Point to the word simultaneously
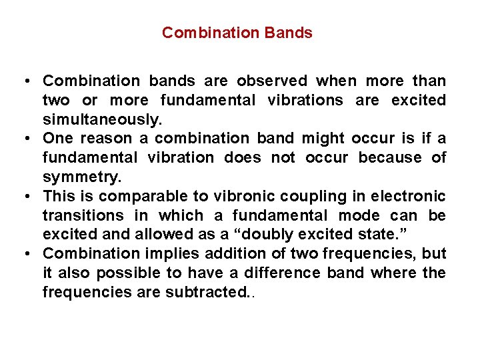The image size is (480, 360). pos(102,119)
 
